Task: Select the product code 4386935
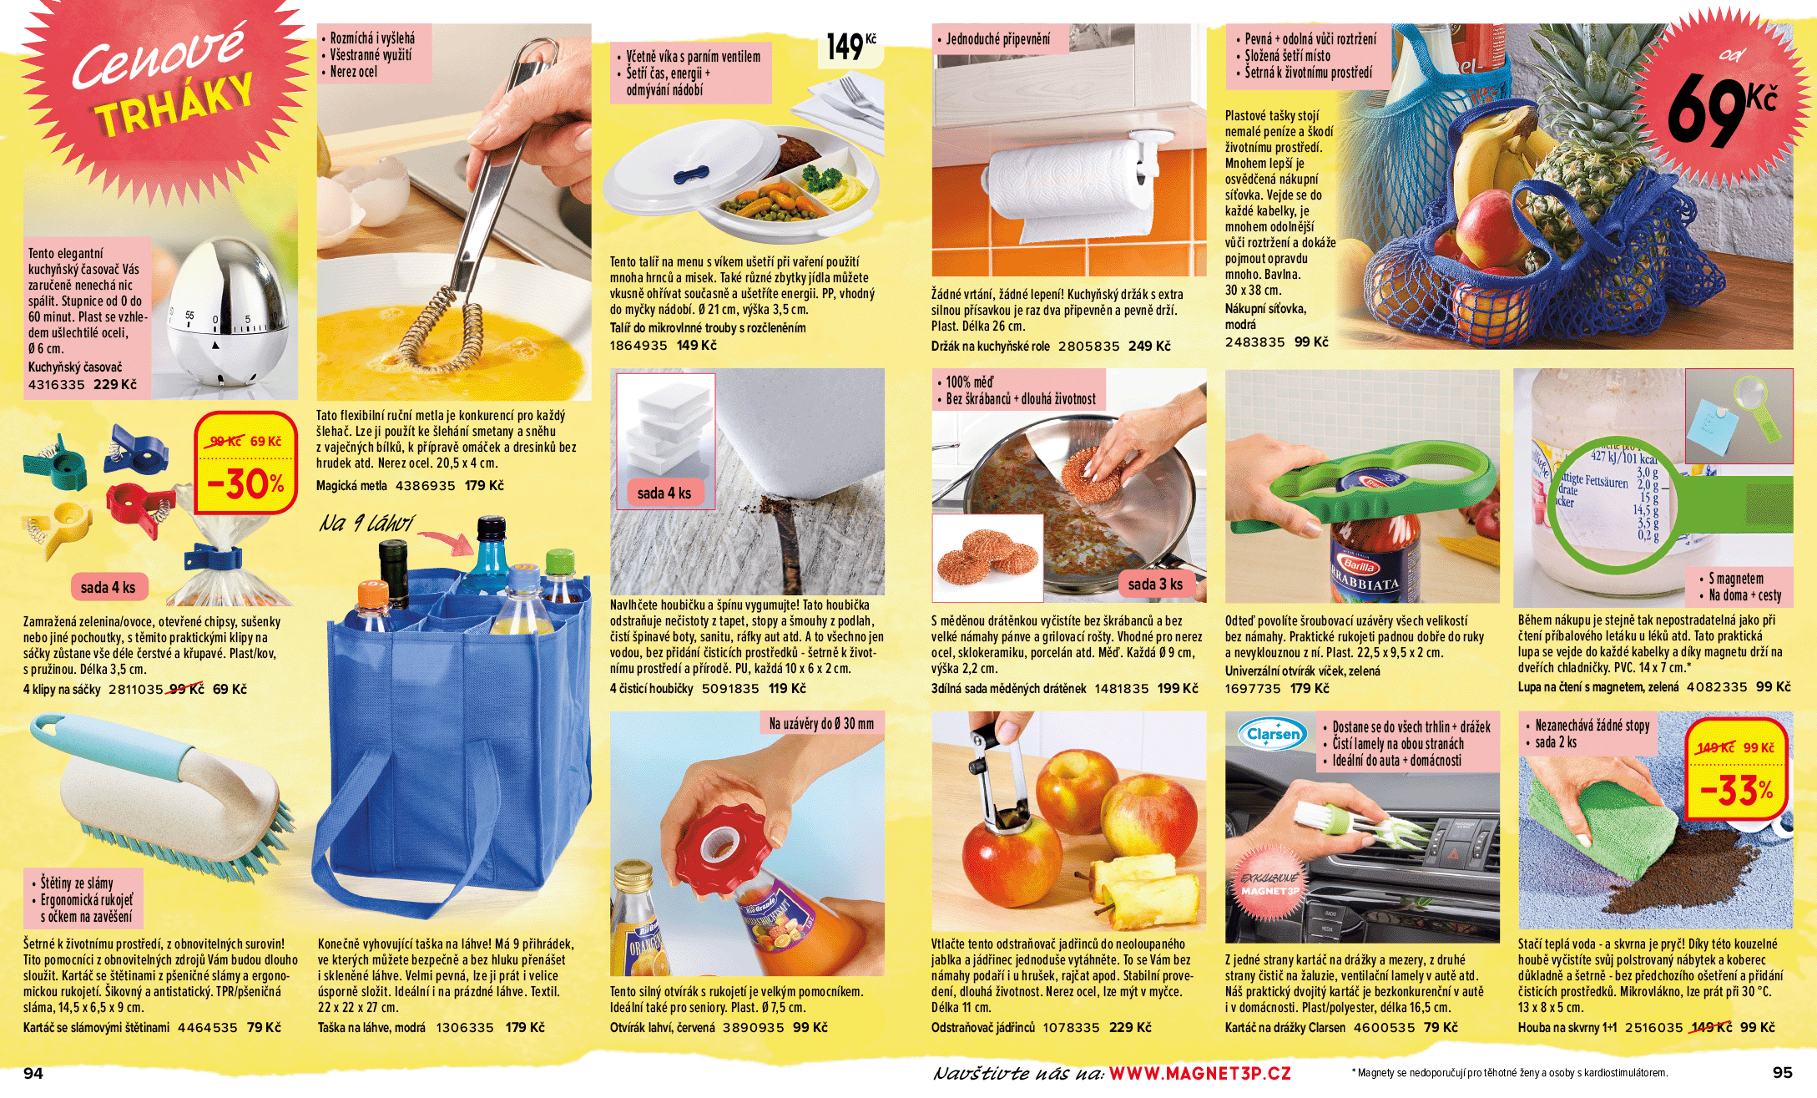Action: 425,486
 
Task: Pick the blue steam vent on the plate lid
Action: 692,175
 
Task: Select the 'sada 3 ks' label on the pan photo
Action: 1155,584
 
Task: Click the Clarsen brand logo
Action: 1273,734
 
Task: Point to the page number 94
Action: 33,1074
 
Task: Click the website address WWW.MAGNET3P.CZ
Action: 1199,1074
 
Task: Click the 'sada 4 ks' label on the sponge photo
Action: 664,493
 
